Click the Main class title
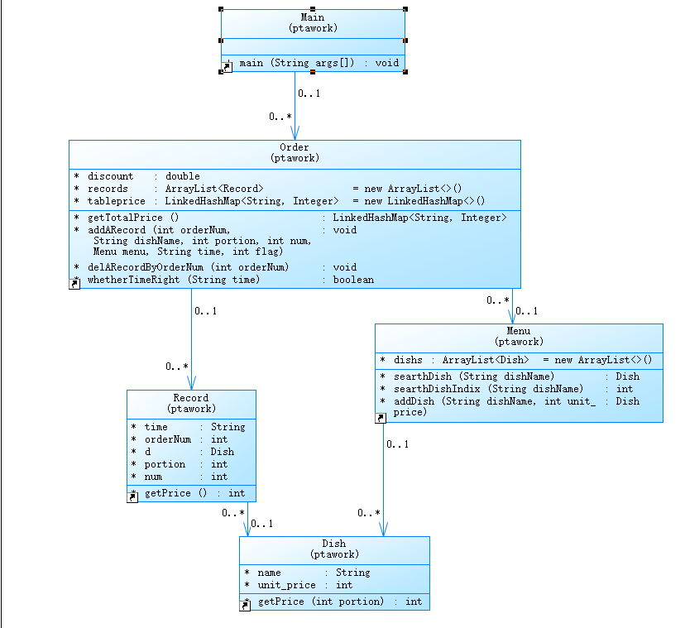click(313, 17)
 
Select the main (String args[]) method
click(318, 63)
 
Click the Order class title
click(295, 147)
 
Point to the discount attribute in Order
click(110, 176)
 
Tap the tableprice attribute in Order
click(116, 201)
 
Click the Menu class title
click(519, 331)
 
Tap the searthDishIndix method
click(488, 389)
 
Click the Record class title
click(191, 398)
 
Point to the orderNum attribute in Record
click(168, 439)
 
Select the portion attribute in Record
click(165, 464)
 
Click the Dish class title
click(334, 544)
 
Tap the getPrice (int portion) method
click(320, 602)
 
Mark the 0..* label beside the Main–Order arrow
click(280, 117)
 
